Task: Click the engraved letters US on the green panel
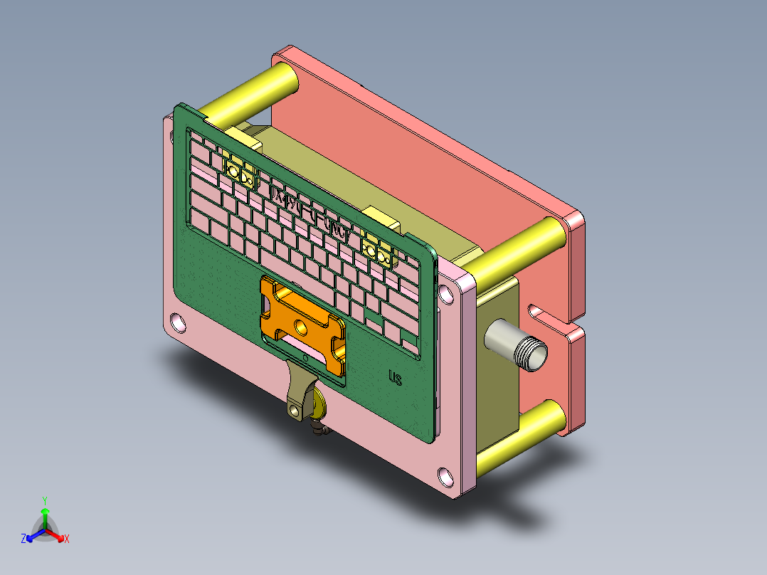396,377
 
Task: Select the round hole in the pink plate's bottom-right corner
445,475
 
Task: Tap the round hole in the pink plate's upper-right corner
446,292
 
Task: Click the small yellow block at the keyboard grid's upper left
239,172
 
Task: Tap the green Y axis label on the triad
44,500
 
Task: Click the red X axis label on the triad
66,539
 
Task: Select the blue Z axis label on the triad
23,539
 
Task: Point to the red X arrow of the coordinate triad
57,534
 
